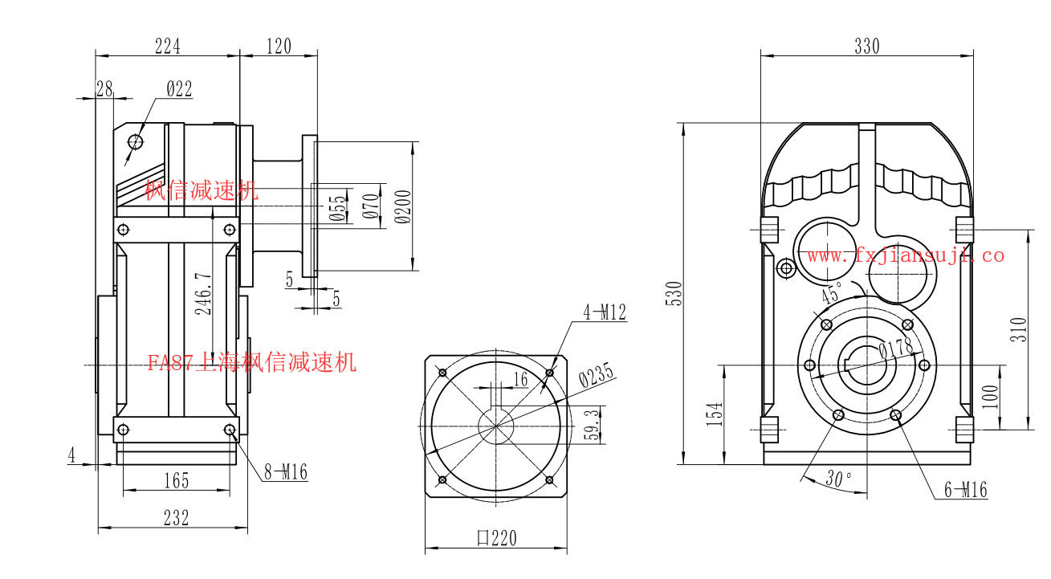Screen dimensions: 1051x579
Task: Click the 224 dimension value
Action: click(x=168, y=47)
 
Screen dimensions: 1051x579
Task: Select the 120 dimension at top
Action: click(x=279, y=47)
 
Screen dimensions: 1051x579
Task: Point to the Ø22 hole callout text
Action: click(x=180, y=88)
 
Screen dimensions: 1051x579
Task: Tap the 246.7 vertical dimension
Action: click(x=203, y=294)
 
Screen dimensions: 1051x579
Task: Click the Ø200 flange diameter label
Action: click(x=402, y=207)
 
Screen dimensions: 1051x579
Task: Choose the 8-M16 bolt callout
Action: click(x=286, y=472)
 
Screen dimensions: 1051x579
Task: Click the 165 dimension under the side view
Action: click(x=177, y=481)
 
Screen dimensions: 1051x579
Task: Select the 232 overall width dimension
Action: click(x=177, y=518)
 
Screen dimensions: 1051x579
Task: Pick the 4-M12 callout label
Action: click(x=605, y=312)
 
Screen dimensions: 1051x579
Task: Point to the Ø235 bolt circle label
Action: click(x=596, y=375)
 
